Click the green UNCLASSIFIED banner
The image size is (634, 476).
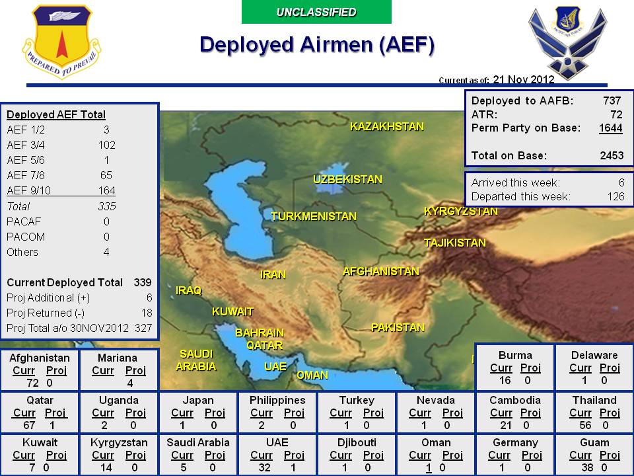coord(316,12)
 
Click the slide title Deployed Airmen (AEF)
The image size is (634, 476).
coord(317,44)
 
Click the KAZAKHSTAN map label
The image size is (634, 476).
coord(386,126)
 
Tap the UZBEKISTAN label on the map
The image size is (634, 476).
coord(347,179)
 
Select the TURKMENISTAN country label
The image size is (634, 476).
coord(313,216)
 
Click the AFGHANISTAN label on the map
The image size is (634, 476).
coord(380,271)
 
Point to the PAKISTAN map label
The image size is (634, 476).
coord(398,327)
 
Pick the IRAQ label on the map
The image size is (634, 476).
coord(188,290)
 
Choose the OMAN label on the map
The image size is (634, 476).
coord(312,375)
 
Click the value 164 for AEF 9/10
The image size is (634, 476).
coord(106,191)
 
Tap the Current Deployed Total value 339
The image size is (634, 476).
coord(143,282)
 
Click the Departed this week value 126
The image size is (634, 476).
coord(616,196)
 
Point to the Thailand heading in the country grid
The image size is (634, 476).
coord(594,400)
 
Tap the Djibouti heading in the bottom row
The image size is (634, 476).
coord(357,442)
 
